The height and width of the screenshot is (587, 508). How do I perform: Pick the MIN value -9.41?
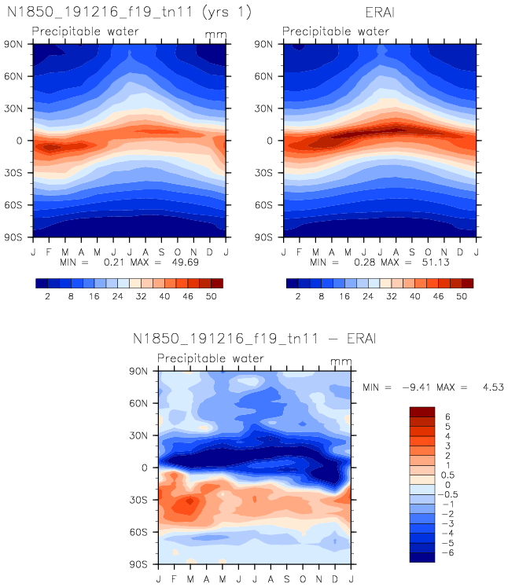(418, 387)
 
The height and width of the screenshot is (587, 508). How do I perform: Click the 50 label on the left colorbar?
(208, 297)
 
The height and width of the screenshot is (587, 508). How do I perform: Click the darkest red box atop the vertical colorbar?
(421, 411)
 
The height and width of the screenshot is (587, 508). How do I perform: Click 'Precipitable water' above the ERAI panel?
(336, 31)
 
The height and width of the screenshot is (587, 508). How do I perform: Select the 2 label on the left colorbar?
(49, 297)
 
